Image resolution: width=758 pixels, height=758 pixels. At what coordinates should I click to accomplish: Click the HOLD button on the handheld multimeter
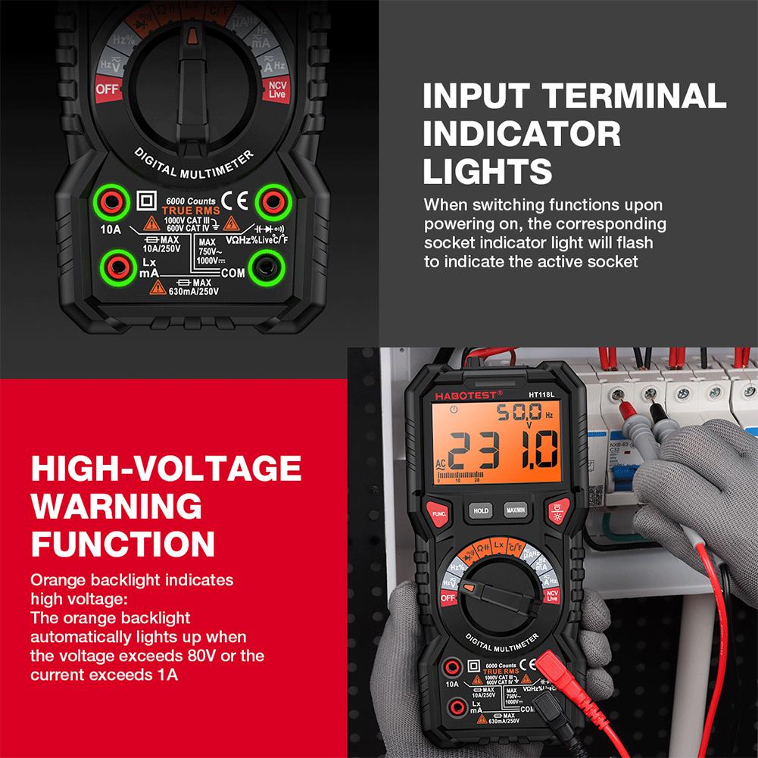(x=481, y=510)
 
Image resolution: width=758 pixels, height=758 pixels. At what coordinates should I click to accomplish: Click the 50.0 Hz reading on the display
(x=519, y=413)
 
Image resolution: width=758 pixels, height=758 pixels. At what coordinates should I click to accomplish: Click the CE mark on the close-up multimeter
(x=238, y=201)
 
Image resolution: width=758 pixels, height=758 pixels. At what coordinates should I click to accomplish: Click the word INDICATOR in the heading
(x=522, y=133)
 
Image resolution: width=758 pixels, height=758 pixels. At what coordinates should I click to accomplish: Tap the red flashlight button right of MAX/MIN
(x=557, y=512)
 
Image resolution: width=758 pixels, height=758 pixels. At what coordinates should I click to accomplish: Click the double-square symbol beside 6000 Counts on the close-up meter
(x=146, y=201)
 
